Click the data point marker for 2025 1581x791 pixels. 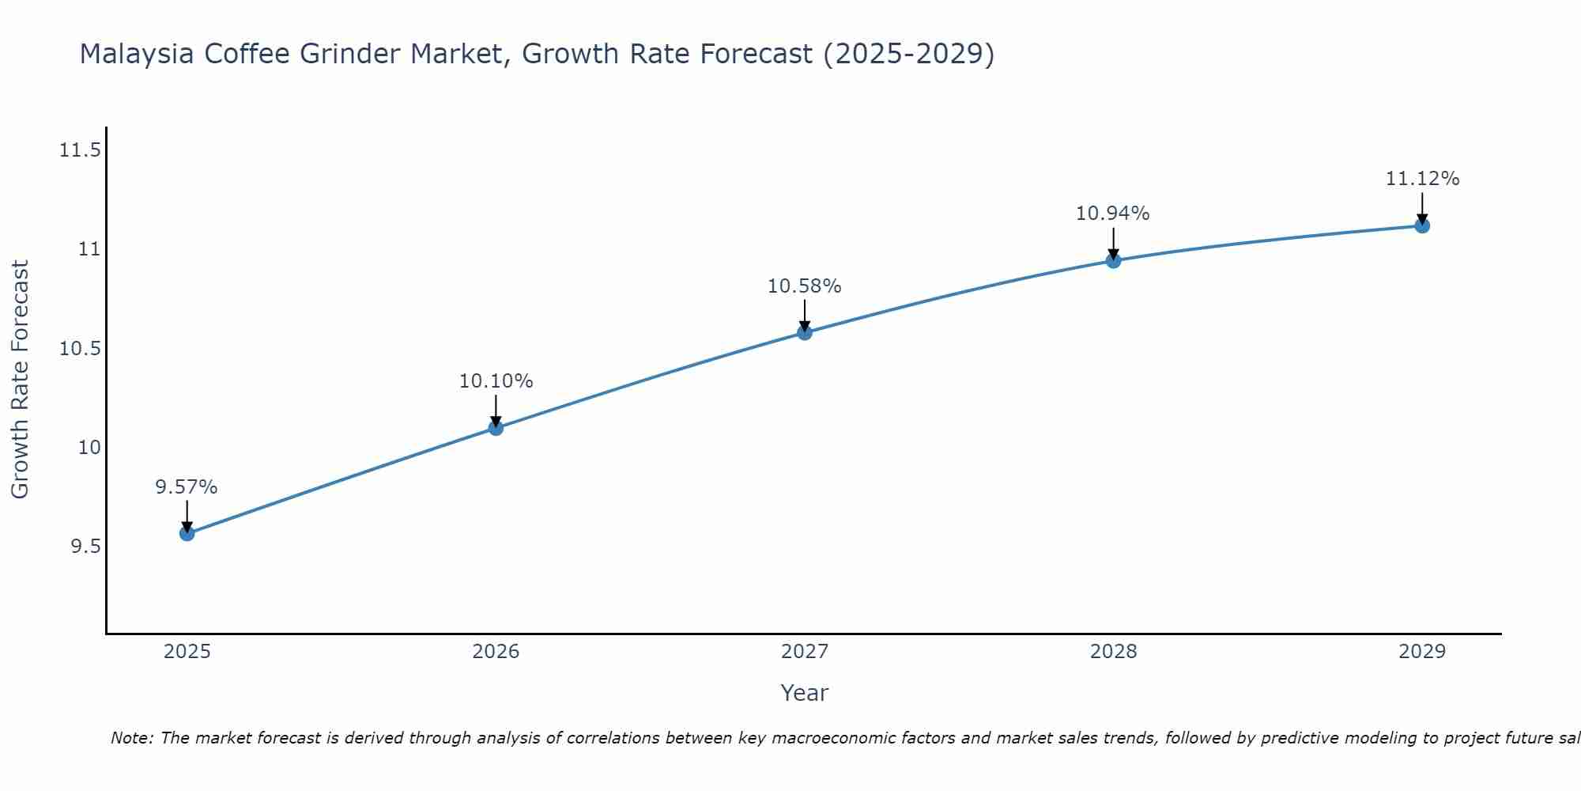click(x=187, y=533)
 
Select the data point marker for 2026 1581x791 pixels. click(x=496, y=428)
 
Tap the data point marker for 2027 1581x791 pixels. click(x=805, y=332)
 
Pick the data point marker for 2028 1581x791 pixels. click(x=1113, y=260)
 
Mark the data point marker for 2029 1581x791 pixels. click(x=1422, y=225)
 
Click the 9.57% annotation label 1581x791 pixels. click(x=187, y=487)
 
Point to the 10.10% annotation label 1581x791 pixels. click(x=496, y=381)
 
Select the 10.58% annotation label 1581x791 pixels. click(x=805, y=286)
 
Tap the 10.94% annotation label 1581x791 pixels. click(x=1113, y=214)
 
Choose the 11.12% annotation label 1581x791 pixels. click(x=1422, y=179)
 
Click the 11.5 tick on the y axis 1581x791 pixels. click(x=80, y=149)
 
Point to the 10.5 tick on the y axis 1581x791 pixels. click(x=80, y=349)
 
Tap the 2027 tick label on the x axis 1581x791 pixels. click(x=805, y=652)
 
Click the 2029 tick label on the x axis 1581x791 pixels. click(x=1422, y=652)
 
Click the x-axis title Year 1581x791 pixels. click(x=805, y=693)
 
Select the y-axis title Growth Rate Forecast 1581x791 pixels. click(x=20, y=380)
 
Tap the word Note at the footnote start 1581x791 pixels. click(x=131, y=738)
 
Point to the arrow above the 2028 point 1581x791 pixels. click(x=1113, y=243)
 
